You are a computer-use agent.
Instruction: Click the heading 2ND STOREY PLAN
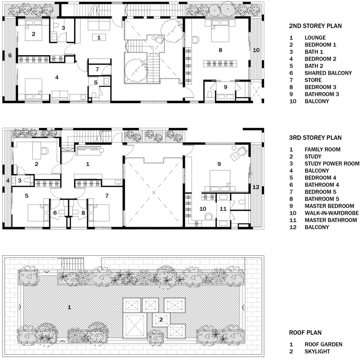pyautogui.click(x=315, y=26)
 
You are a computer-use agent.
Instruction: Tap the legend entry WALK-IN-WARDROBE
pyautogui.click(x=331, y=213)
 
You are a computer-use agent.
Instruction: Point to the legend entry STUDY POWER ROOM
pyautogui.click(x=332, y=163)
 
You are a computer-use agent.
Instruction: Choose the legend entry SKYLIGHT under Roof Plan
pyautogui.click(x=317, y=351)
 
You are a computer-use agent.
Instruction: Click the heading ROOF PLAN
pyautogui.click(x=305, y=333)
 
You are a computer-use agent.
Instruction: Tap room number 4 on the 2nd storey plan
pyautogui.click(x=56, y=77)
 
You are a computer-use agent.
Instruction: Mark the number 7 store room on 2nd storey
pyautogui.click(x=97, y=69)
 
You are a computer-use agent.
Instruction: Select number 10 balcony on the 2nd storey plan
pyautogui.click(x=256, y=50)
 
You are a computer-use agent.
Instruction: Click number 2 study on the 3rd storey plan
pyautogui.click(x=36, y=163)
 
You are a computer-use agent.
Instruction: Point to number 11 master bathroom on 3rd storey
pyautogui.click(x=223, y=209)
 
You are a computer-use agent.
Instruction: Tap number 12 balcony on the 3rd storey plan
pyautogui.click(x=256, y=187)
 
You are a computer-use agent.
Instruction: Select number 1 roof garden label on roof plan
pyautogui.click(x=69, y=307)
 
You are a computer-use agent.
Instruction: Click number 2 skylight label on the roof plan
pyautogui.click(x=161, y=319)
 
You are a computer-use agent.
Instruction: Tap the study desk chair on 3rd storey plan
pyautogui.click(x=45, y=151)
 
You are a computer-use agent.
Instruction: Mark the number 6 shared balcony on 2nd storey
pyautogui.click(x=10, y=55)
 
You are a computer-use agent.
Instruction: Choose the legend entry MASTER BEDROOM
pyautogui.click(x=329, y=206)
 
